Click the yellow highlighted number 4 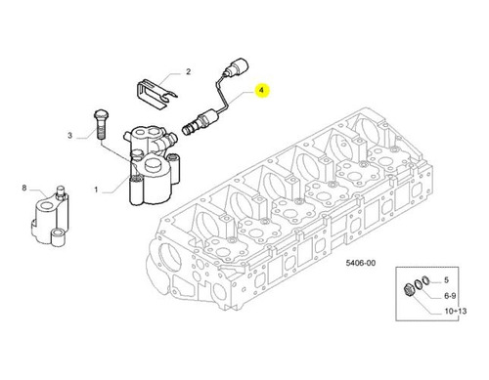click(262, 90)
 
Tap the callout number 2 click(188, 71)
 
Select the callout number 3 click(69, 135)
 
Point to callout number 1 click(96, 190)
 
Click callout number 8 click(24, 188)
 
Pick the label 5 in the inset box click(446, 280)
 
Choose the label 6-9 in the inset click(450, 296)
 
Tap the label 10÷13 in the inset click(456, 311)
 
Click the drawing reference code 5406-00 click(361, 263)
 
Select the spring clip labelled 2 click(155, 94)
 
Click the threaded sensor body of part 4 click(199, 122)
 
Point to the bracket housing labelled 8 click(50, 218)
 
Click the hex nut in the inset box click(408, 290)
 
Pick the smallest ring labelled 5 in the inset click(424, 279)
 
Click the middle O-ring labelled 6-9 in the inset click(418, 284)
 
